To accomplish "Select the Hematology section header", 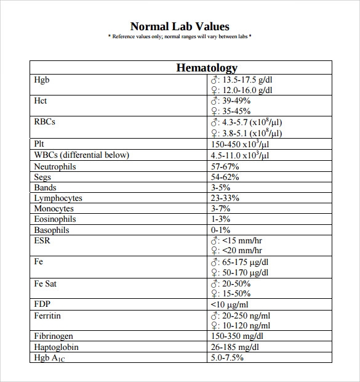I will pos(207,68).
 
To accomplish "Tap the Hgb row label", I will pos(41,79).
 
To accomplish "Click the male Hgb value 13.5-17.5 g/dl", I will pos(246,79).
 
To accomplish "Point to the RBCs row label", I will pos(45,121).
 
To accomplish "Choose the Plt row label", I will pos(39,144).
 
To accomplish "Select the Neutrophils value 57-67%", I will pos(225,166).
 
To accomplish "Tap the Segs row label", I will pos(42,177).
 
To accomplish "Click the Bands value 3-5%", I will pos(220,187).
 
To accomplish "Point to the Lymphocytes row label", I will pos(58,198).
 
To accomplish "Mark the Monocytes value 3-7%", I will pos(220,209).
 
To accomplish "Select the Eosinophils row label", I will pos(55,219).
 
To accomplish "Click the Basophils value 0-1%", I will pos(220,230).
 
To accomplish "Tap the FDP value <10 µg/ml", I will pos(230,304).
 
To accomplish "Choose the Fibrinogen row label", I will pos(54,336).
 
